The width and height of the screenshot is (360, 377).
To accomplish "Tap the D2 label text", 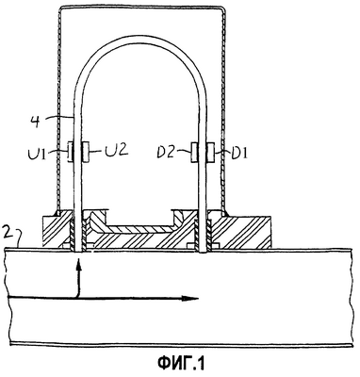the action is coord(167,152).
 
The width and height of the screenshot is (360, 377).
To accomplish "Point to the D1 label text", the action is coord(239,153).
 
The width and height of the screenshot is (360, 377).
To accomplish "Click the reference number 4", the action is coord(37,121).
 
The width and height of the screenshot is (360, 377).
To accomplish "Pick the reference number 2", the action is coord(8,233).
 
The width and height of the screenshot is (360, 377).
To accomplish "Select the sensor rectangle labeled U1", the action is coord(71,152).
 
